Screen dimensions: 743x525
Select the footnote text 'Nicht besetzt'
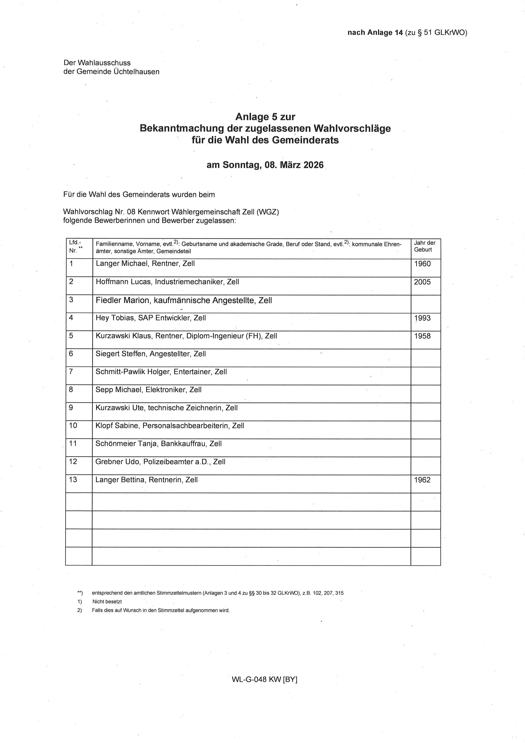107,602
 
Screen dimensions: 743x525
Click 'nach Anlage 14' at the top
375,33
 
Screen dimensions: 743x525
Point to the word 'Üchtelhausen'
136,72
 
